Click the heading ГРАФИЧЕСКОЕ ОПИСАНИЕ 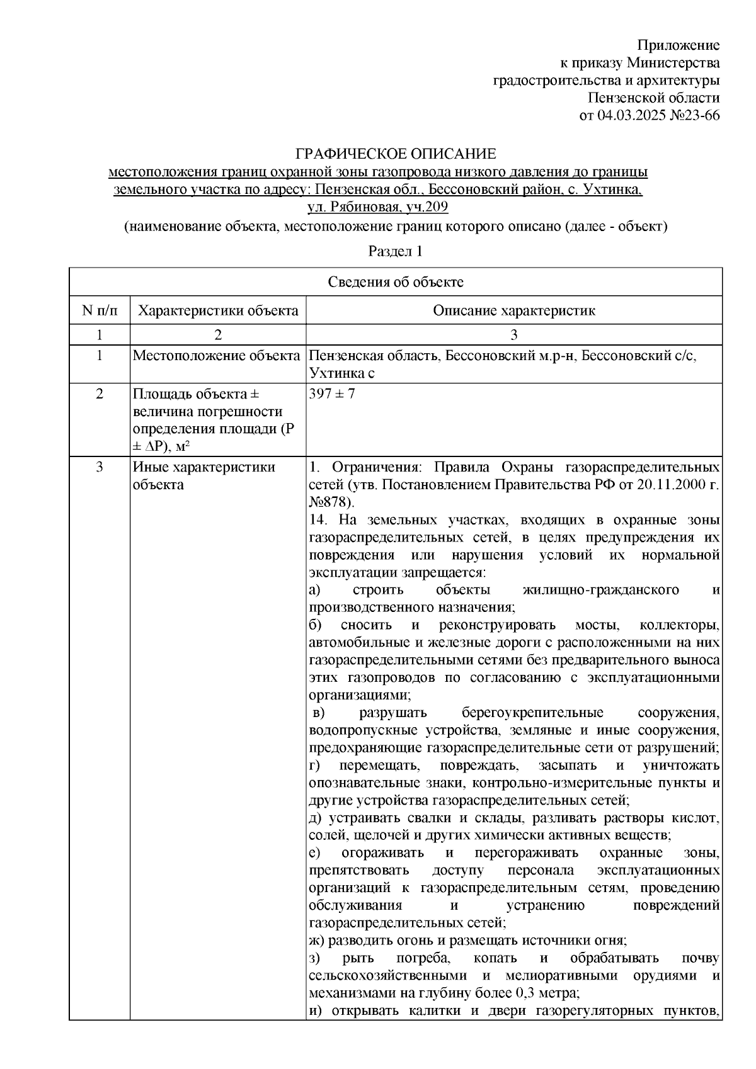point(396,154)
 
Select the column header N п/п point(99,310)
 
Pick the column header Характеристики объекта point(218,310)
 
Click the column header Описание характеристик point(513,310)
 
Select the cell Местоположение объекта point(216,356)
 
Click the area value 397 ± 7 point(332,395)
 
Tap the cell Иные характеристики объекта point(203,476)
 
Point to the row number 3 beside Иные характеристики point(99,467)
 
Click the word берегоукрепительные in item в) point(532,713)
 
